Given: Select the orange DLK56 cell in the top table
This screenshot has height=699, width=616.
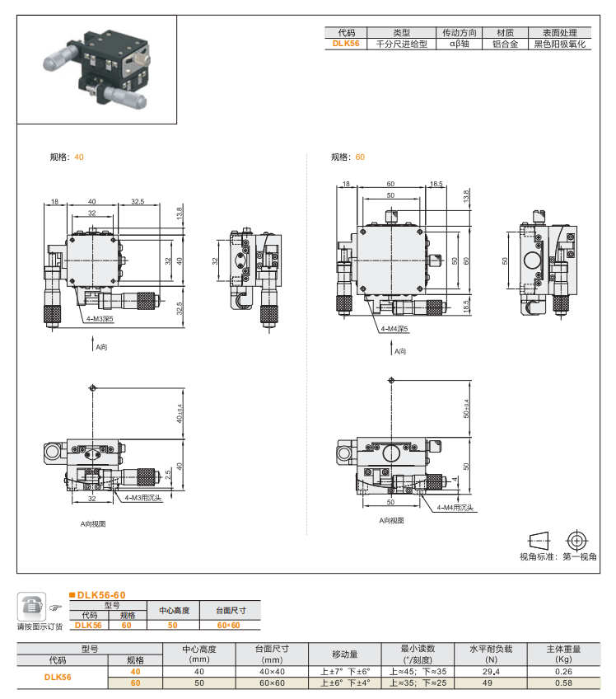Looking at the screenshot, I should coord(346,45).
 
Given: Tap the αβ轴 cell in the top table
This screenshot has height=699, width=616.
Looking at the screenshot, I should coord(459,45).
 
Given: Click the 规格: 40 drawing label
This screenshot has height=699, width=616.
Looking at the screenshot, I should coord(67,157).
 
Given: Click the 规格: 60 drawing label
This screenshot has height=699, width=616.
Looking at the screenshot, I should coord(348,157).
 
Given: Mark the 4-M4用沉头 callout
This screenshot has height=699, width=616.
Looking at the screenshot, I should coord(455,509).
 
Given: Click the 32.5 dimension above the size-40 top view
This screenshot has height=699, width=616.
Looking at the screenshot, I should coord(138,201).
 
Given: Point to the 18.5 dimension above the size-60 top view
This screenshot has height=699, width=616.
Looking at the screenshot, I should coord(436,184).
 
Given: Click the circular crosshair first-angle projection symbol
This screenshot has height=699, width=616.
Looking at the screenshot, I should coord(576,541).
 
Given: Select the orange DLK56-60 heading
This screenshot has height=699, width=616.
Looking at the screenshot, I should coord(100,594).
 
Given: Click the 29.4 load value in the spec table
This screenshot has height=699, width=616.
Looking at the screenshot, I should coord(490,672).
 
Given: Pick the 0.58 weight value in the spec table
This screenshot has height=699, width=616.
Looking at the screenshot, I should coord(563,683).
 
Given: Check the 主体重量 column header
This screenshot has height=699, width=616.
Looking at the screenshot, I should coord(563,649).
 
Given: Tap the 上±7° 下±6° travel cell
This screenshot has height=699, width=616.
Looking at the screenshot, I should coord(345,672).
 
